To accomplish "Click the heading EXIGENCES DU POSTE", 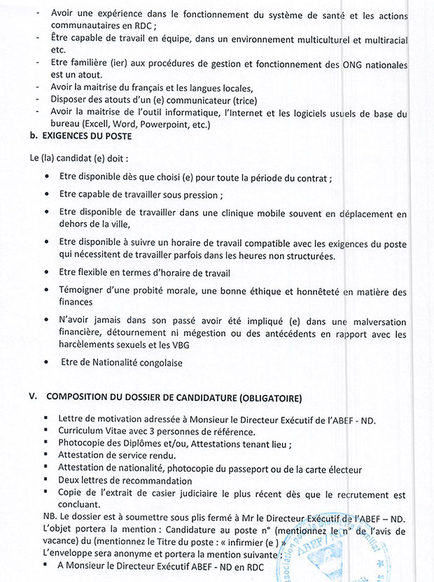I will pos(76,137).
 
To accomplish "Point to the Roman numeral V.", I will pos(31,398).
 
